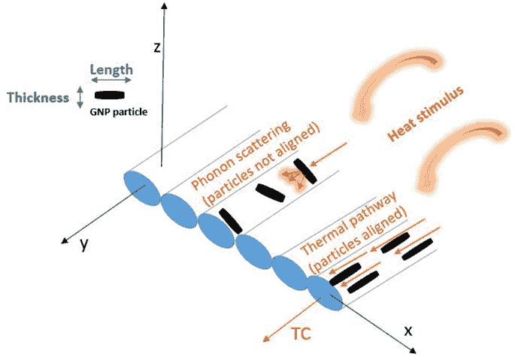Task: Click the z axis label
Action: coord(157,48)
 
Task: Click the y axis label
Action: coord(84,245)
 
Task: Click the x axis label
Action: coord(408,331)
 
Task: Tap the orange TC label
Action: coord(301,334)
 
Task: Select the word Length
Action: coord(111,70)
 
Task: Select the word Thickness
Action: coord(38,98)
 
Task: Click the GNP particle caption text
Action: coord(119,112)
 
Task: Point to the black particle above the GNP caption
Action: coord(109,95)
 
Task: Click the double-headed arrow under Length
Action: coord(111,80)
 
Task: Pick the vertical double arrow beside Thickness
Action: coord(80,97)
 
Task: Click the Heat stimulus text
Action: coord(426,113)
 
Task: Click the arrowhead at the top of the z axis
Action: coord(164,5)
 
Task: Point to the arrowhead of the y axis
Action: coord(65,241)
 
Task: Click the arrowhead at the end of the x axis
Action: coord(414,351)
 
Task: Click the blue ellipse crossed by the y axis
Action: coord(142,189)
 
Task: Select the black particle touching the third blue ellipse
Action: coord(231,221)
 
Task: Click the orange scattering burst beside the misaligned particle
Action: coord(293,179)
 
